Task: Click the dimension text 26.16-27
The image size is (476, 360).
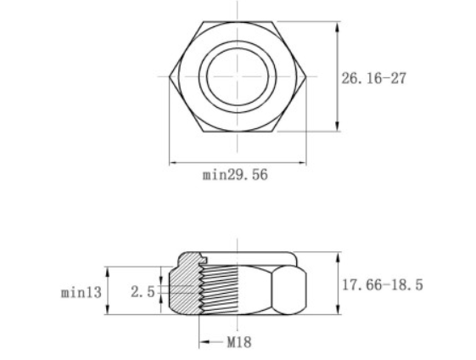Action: tap(374, 78)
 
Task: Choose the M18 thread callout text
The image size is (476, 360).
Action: tap(238, 343)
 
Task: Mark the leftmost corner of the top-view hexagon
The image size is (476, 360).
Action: tap(170, 76)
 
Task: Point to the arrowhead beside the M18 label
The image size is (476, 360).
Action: tap(204, 343)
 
